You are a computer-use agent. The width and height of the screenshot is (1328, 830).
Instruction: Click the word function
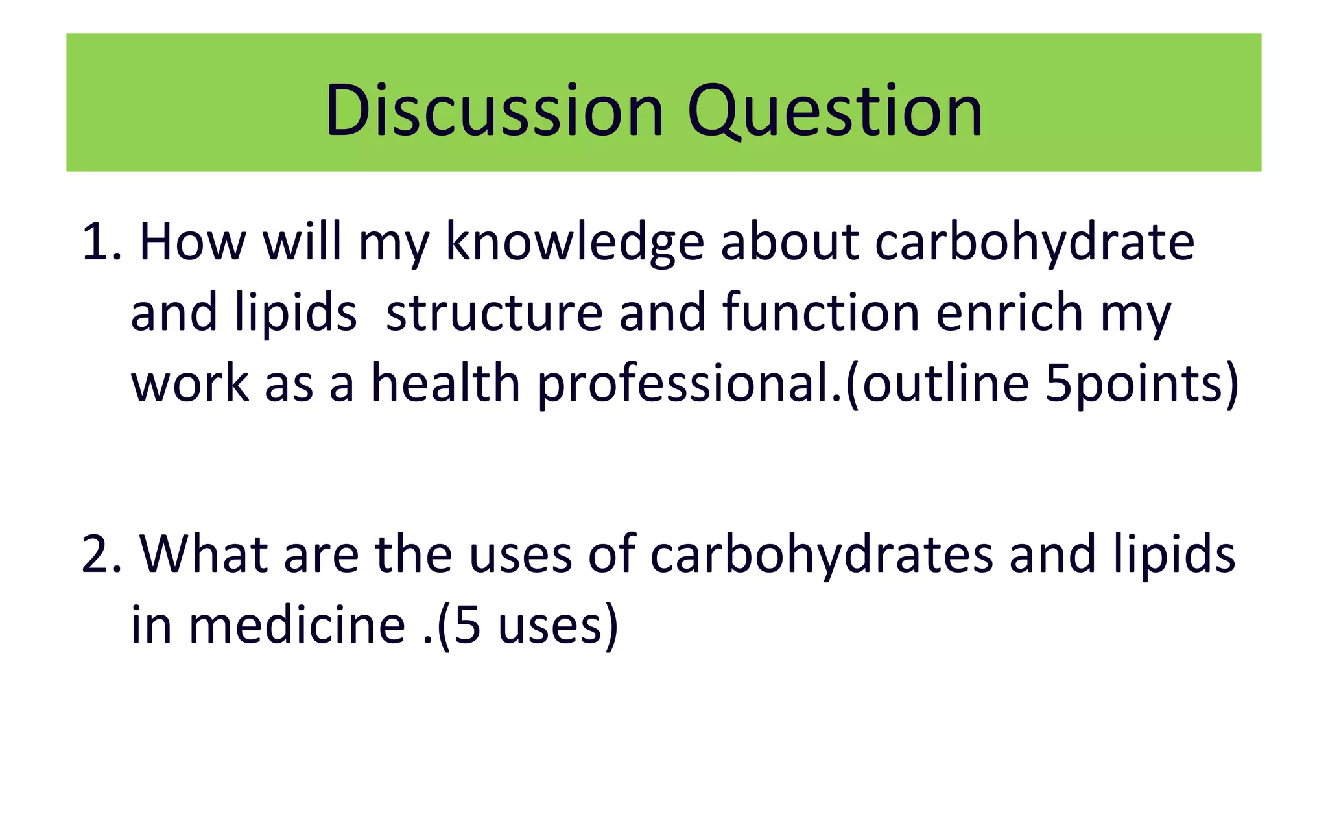click(821, 313)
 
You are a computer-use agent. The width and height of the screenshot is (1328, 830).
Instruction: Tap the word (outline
click(938, 384)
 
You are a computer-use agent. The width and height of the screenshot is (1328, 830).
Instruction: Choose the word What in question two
click(204, 555)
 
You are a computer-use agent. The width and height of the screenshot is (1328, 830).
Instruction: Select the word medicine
click(297, 625)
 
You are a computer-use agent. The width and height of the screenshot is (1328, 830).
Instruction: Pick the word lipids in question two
click(1174, 555)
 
